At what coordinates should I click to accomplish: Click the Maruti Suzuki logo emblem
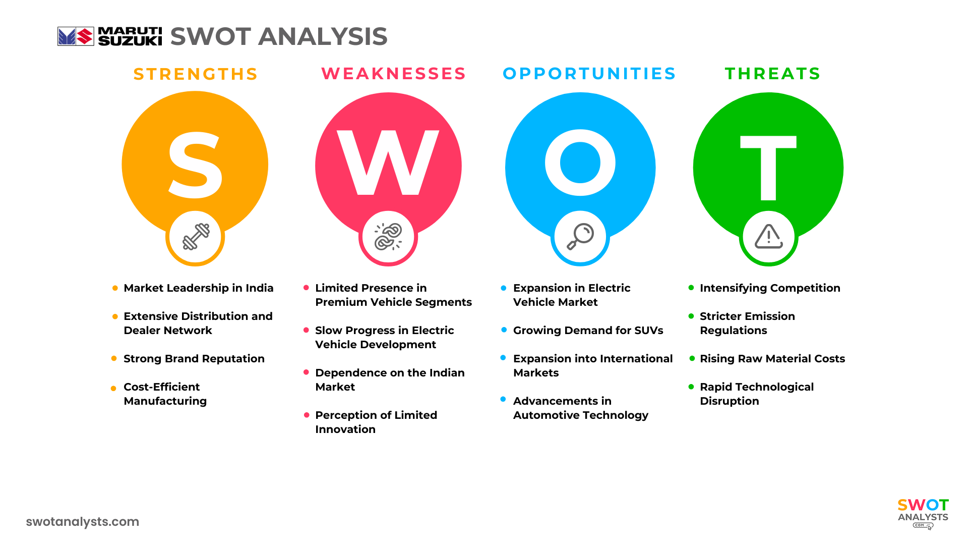(x=76, y=36)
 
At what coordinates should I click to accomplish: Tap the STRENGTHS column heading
(x=196, y=74)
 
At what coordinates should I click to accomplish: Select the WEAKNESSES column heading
(x=394, y=74)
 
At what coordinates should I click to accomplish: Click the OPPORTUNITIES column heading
(x=589, y=74)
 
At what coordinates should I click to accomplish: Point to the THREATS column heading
(x=773, y=74)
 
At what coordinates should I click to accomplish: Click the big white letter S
(x=195, y=166)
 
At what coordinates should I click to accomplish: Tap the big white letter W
(x=388, y=162)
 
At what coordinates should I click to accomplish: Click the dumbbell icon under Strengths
(x=196, y=237)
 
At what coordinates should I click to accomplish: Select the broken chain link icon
(x=388, y=237)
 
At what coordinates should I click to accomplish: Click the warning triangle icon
(x=768, y=237)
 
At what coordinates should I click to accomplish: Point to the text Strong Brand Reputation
(x=194, y=359)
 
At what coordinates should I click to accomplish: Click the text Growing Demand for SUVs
(x=588, y=331)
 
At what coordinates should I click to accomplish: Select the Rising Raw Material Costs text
(x=772, y=359)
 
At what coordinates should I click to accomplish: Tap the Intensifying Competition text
(x=770, y=288)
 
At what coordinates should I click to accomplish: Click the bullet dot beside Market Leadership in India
(x=115, y=288)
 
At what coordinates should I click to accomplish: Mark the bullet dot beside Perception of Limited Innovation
(x=307, y=415)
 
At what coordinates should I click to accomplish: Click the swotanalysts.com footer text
(x=83, y=522)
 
